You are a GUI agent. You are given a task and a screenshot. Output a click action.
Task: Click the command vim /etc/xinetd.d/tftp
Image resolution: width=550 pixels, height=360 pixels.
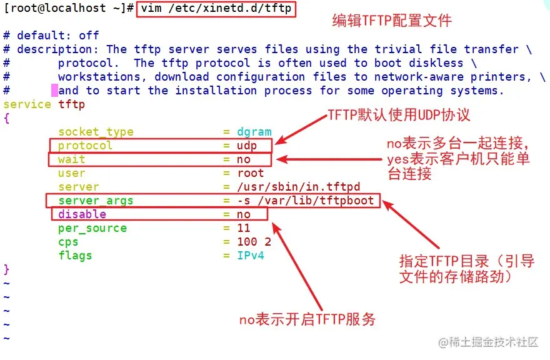click(216, 9)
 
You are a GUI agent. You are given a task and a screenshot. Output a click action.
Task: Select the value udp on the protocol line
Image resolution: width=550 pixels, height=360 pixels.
click(251, 146)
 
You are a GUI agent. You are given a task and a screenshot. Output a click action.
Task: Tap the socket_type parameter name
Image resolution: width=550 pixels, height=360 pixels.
click(96, 132)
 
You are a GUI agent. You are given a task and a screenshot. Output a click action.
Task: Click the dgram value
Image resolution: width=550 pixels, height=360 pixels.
click(254, 132)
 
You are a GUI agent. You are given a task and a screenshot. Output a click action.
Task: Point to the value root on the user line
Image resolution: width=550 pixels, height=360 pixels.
click(251, 173)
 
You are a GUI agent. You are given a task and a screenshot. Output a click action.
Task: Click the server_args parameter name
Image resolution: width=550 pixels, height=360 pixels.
click(96, 201)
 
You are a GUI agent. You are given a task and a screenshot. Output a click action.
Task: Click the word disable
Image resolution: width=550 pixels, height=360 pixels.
click(82, 214)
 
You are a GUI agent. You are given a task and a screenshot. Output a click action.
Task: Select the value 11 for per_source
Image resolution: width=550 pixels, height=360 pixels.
click(244, 228)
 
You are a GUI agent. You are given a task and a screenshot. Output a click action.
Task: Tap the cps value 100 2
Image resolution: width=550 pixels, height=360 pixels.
click(254, 242)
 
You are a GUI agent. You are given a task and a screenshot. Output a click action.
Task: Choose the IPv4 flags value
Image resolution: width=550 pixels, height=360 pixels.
click(251, 256)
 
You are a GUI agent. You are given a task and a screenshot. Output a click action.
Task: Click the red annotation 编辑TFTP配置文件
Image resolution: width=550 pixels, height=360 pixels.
click(391, 21)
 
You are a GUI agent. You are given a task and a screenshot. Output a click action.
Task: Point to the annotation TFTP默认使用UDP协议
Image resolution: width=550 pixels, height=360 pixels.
click(399, 116)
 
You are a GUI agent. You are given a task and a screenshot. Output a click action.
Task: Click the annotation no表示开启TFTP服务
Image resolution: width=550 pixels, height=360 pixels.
click(307, 320)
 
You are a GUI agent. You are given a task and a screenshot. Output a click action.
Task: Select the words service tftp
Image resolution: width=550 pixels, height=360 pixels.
click(44, 104)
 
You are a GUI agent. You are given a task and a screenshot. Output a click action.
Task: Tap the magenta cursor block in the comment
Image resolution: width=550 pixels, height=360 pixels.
click(54, 91)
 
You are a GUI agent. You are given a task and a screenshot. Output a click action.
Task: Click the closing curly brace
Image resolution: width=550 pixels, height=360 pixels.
click(7, 269)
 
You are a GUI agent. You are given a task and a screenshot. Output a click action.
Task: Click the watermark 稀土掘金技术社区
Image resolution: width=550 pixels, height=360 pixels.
click(488, 342)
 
